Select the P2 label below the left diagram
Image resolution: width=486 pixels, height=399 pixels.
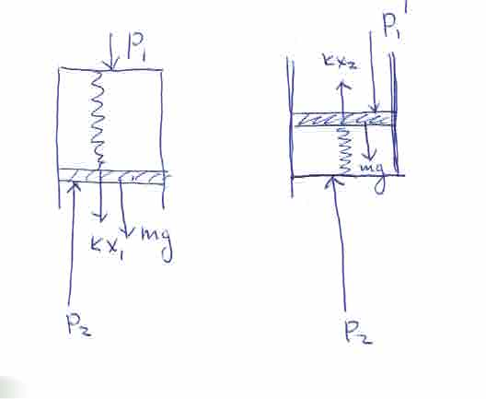pyautogui.click(x=79, y=324)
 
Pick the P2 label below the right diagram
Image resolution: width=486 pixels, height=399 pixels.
pyautogui.click(x=359, y=332)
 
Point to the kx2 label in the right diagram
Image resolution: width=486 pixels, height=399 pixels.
pyautogui.click(x=341, y=61)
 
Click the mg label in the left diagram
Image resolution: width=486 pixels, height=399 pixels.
pyautogui.click(x=156, y=242)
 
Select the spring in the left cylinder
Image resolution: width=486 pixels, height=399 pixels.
pyautogui.click(x=98, y=117)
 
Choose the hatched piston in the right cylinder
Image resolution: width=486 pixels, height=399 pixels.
pyautogui.click(x=343, y=119)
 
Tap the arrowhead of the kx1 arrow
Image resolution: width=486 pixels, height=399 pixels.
pyautogui.click(x=99, y=219)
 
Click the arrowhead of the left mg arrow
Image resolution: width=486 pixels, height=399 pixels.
pyautogui.click(x=126, y=233)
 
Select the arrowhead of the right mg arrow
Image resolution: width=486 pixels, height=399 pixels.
pyautogui.click(x=369, y=158)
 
